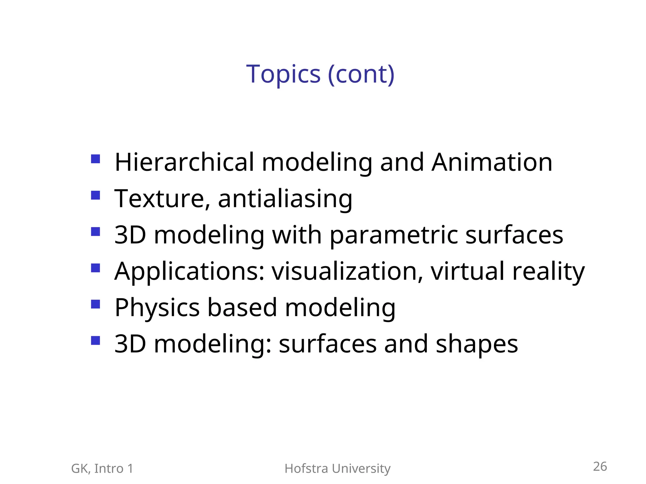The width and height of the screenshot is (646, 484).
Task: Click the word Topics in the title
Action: tap(283, 74)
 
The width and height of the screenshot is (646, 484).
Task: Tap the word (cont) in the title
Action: tap(361, 74)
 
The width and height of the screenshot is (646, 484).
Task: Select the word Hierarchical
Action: tap(184, 162)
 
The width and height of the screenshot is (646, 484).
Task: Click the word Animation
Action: tap(492, 162)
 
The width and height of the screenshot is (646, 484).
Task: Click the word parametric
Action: tap(394, 235)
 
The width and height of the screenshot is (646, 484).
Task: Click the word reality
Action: tap(549, 272)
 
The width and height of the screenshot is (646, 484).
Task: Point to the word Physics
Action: tap(157, 308)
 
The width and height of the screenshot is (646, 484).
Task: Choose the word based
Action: tap(242, 307)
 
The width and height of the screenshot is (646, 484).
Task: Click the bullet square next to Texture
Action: tap(95, 195)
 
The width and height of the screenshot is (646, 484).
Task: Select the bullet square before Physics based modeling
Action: tap(95, 304)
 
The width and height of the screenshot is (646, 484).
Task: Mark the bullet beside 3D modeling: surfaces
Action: tap(95, 341)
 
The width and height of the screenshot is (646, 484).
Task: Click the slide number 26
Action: tap(600, 467)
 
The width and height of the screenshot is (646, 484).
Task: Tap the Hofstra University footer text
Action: tap(337, 469)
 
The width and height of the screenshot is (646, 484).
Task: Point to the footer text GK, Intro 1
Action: tap(102, 469)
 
